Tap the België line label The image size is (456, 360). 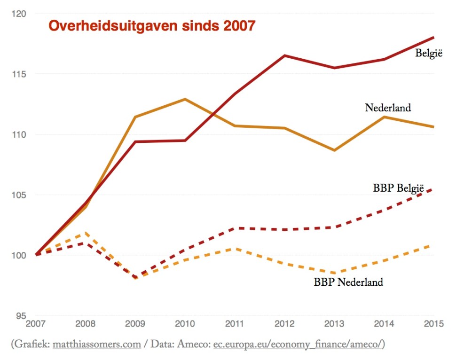click(x=429, y=53)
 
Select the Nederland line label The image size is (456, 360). click(x=388, y=108)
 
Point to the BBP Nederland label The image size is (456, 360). click(x=348, y=282)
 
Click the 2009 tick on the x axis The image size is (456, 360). click(x=135, y=324)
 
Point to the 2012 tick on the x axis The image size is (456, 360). click(x=284, y=324)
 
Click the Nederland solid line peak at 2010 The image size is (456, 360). click(x=185, y=99)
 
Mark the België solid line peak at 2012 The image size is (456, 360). click(x=284, y=55)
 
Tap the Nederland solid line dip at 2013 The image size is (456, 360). click(x=334, y=150)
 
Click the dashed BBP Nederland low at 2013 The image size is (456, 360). click(x=334, y=273)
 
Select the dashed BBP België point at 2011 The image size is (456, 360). click(x=235, y=228)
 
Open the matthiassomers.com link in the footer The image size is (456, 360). click(x=97, y=344)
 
